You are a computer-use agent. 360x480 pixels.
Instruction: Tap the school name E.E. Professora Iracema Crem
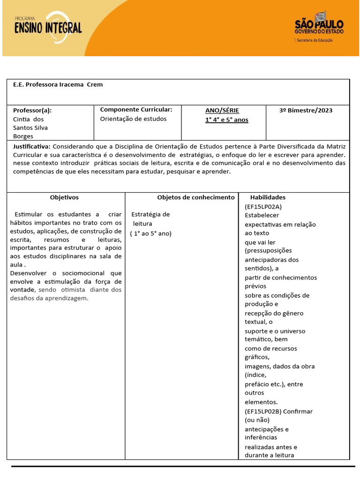[x=58, y=85]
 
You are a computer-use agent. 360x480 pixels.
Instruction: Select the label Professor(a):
[x=32, y=111]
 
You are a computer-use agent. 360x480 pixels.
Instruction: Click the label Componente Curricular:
[x=136, y=110]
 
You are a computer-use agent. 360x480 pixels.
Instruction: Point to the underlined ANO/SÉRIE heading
[x=222, y=111]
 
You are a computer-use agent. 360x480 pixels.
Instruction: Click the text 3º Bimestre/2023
[x=306, y=111]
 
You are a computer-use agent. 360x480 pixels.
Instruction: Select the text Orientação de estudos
[x=134, y=119]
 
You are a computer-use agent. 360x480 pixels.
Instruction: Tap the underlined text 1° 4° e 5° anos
[x=227, y=120]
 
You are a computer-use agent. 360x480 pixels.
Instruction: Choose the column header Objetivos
[x=64, y=198]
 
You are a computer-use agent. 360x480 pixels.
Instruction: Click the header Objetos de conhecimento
[x=195, y=198]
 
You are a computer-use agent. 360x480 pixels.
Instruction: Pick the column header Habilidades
[x=268, y=198]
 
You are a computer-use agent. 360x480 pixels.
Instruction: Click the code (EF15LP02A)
[x=263, y=207]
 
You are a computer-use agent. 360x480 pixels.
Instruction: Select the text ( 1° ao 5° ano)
[x=151, y=233]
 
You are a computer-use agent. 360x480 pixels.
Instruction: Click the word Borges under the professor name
[x=23, y=136]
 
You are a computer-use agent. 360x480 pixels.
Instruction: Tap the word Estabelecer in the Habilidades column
[x=262, y=216]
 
